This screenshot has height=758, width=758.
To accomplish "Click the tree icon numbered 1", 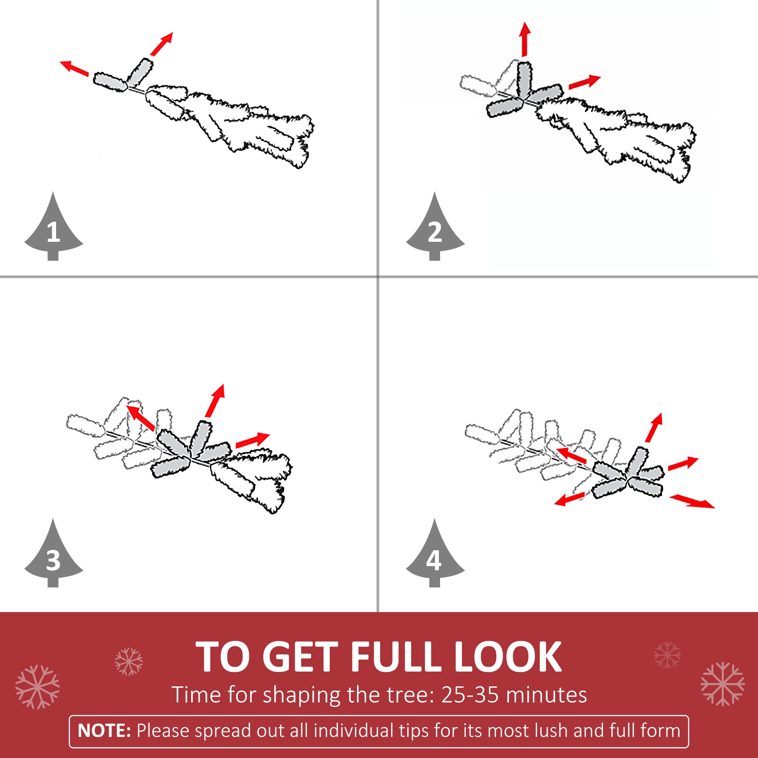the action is coord(53,230).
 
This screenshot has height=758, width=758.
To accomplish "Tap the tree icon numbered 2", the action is coord(435,230).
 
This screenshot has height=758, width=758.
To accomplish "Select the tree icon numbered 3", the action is coord(53,556).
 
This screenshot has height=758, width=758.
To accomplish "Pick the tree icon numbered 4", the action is coord(435,556).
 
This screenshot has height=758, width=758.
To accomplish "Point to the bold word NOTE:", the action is coord(104,731).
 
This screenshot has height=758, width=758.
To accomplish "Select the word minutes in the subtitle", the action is coord(546,695).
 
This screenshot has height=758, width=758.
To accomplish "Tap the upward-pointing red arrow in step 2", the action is coord(525,39).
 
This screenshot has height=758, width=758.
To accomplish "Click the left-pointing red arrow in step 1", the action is coord(74,69).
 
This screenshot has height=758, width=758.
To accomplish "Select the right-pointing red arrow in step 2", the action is coord(584,82).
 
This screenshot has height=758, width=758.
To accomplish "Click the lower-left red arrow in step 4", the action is coord(570,500).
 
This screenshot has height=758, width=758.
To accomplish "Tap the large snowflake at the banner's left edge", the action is coord(38,688).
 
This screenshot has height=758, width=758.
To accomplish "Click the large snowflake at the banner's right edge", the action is coord(723,684).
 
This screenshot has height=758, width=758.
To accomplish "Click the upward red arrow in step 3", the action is coord(215,401).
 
